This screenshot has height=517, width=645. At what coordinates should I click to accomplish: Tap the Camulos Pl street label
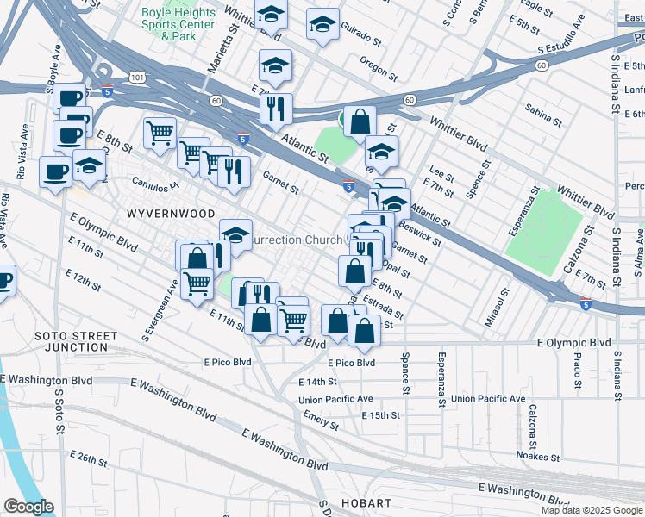tap(154, 184)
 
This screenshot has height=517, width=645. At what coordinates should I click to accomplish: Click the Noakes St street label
tap(539, 456)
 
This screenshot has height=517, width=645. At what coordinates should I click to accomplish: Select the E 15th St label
tap(381, 415)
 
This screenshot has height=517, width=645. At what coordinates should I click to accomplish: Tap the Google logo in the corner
tap(28, 507)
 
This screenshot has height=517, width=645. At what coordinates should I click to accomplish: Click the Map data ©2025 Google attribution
tap(591, 510)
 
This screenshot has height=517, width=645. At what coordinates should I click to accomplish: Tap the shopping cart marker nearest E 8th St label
tap(160, 134)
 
